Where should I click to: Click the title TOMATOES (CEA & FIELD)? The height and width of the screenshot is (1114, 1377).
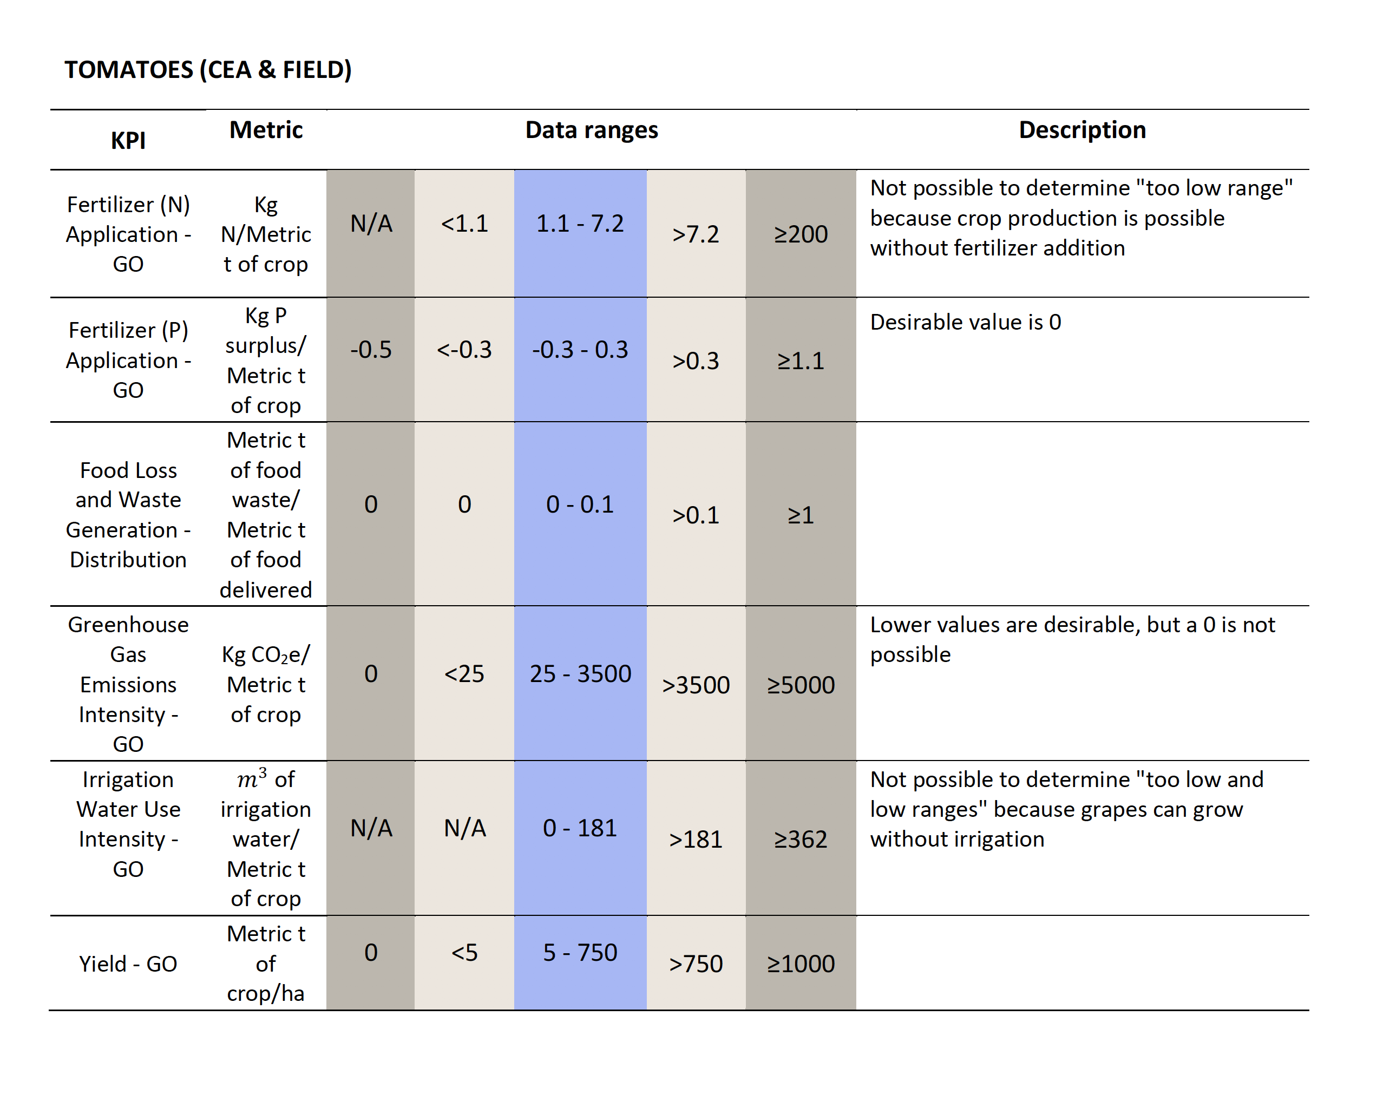[208, 69]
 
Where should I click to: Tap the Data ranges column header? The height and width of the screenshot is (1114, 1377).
[592, 129]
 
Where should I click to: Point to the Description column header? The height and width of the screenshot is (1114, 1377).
[1083, 129]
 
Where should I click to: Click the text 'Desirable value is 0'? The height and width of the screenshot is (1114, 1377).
[966, 322]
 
